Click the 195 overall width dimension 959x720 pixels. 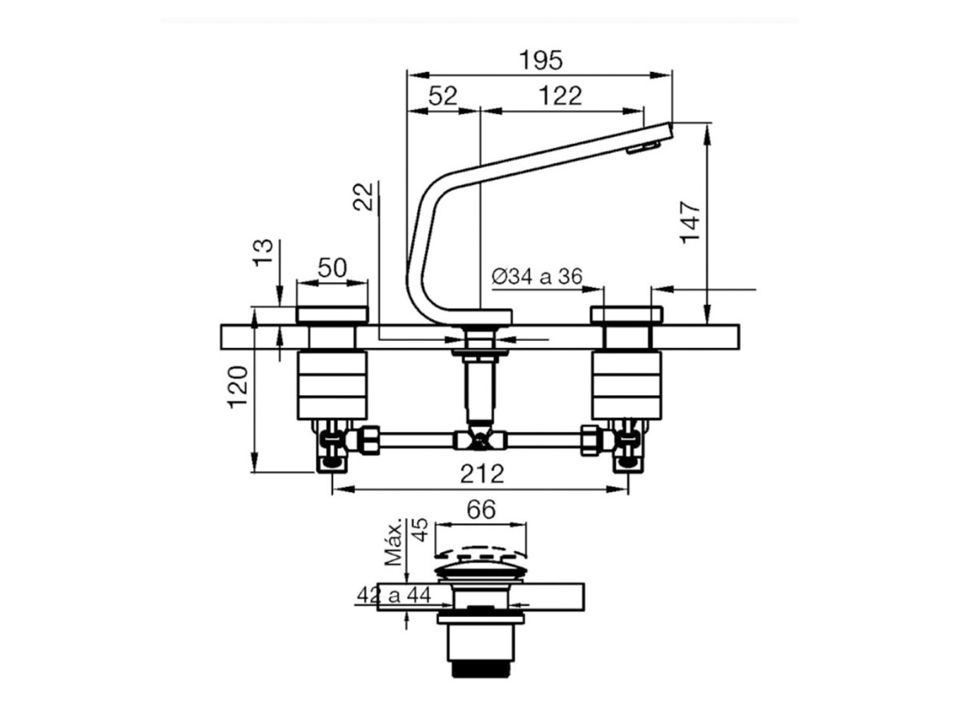[x=541, y=60]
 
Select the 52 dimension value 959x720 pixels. [x=443, y=96]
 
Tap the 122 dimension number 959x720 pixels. [x=561, y=96]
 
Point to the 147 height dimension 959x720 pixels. [x=691, y=222]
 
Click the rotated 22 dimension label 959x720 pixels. [x=363, y=197]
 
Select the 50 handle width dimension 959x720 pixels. [x=332, y=268]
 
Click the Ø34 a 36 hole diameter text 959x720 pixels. [x=537, y=276]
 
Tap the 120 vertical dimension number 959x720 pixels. [x=238, y=387]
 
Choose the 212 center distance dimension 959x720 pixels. [x=482, y=474]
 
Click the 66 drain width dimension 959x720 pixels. [x=481, y=510]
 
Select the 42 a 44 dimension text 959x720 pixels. [x=394, y=596]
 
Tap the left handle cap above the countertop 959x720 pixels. [x=332, y=314]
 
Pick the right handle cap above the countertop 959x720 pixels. [x=627, y=314]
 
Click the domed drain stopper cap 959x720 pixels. [x=481, y=571]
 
